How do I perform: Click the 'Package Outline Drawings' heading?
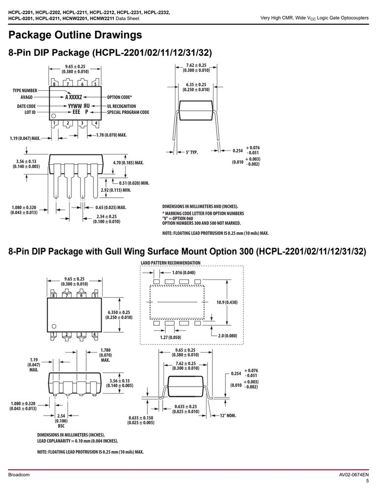(75, 35)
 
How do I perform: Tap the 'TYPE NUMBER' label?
(25, 91)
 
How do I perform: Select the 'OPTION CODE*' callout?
(119, 97)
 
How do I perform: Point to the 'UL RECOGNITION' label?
(122, 106)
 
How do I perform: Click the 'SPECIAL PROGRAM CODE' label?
(128, 112)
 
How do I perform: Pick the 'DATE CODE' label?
(27, 106)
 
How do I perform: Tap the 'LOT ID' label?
(30, 112)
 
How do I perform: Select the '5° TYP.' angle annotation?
(192, 152)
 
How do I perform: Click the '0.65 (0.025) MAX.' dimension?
(110, 208)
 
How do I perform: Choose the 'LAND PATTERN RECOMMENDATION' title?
(171, 263)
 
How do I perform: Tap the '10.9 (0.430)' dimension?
(227, 303)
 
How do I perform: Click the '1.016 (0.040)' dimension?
(184, 273)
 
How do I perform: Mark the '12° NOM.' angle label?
(228, 416)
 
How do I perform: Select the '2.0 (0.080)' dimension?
(228, 335)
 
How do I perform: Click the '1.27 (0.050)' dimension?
(171, 337)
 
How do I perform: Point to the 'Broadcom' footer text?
(19, 475)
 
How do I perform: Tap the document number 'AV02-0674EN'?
(354, 475)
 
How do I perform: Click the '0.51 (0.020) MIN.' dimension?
(134, 183)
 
